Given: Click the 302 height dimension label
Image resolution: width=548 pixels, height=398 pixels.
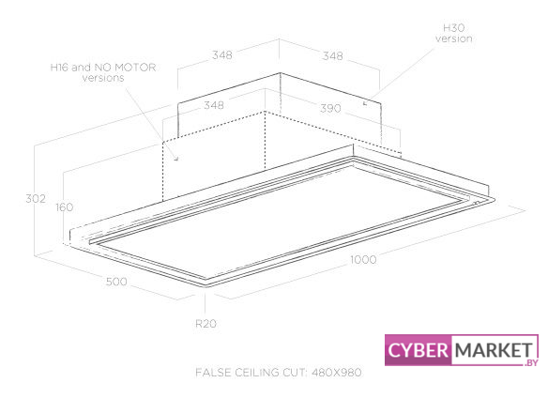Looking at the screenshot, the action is coord(36,199).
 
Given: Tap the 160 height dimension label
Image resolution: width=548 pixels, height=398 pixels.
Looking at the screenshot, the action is coord(65,207).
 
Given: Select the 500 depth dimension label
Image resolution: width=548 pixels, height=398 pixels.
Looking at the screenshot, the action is coord(116,282).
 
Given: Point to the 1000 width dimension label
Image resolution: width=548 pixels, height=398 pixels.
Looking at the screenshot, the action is coord(363,260).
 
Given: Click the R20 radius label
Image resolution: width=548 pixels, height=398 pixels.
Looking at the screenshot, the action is coord(205,324).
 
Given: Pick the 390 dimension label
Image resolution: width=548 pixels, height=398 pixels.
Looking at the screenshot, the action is coord(330,109).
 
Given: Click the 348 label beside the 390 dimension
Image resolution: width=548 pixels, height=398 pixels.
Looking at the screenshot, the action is coord(214,105).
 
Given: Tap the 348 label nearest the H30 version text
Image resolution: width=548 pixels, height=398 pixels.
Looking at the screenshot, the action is coord(333,56).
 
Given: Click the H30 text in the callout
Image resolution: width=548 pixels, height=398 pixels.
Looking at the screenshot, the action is coord(453,27).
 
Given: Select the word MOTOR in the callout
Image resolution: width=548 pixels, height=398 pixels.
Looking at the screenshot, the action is coord(135,68).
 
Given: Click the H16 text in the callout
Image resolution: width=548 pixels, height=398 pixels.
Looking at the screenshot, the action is coord(59,68).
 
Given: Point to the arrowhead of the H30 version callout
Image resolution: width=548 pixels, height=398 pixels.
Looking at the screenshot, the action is coord(365,103).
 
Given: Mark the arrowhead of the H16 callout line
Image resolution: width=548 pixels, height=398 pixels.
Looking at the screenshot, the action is coord(176,159).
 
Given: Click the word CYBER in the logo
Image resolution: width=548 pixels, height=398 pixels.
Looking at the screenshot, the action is coord(418,350).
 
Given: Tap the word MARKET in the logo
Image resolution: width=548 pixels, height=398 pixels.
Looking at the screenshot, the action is coord(495,350).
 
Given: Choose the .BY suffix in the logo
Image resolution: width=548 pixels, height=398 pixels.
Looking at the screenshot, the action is coord(531,363).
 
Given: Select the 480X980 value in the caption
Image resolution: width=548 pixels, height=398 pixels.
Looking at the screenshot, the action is coord(337,373).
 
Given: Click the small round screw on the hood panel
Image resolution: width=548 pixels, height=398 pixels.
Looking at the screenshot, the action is coord(476,203).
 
